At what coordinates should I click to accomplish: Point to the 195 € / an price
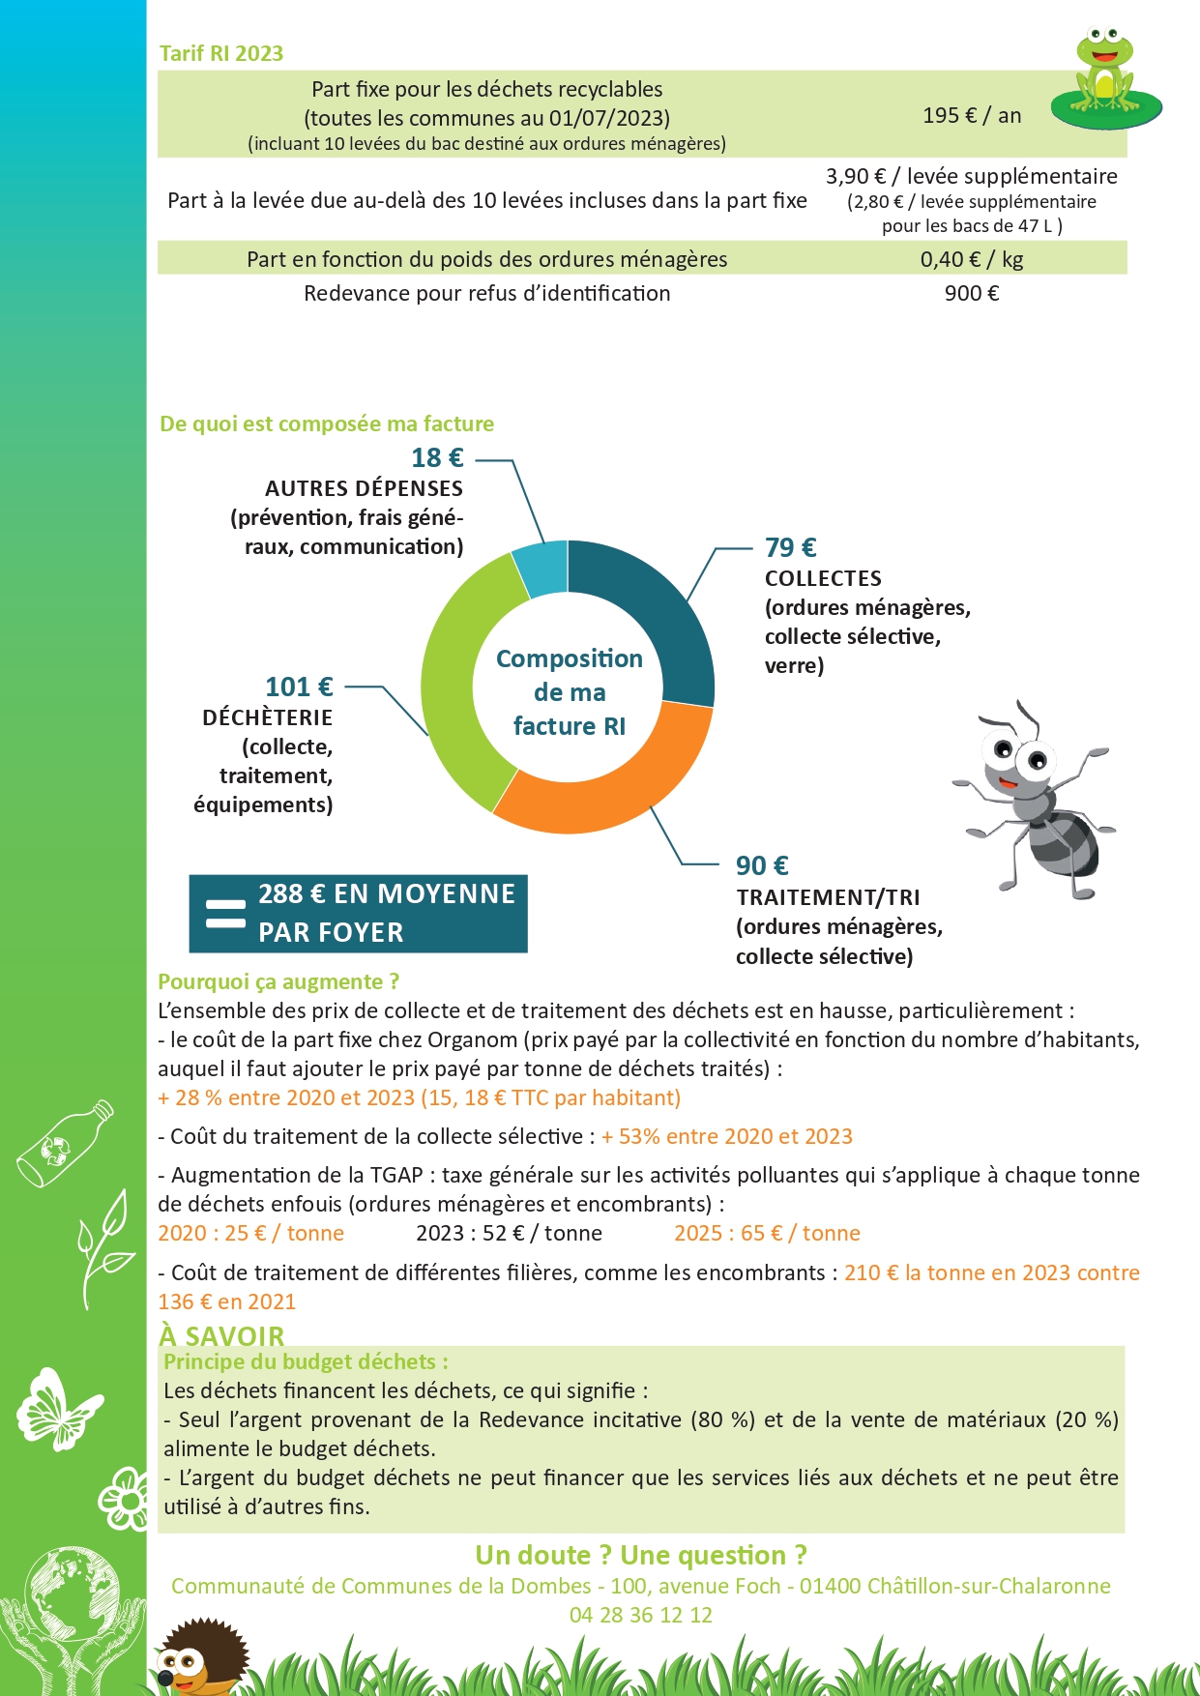click(972, 115)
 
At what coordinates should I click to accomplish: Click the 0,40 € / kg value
click(972, 259)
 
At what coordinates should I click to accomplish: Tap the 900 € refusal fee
click(972, 293)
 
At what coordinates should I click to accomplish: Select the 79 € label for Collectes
click(790, 547)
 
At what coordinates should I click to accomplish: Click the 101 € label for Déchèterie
click(299, 687)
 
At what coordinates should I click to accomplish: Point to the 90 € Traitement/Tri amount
click(762, 865)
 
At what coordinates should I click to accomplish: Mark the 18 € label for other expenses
click(437, 457)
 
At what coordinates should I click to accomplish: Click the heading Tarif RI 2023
click(221, 53)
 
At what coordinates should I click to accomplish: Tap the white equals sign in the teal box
click(226, 914)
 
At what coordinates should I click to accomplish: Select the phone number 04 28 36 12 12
click(640, 1615)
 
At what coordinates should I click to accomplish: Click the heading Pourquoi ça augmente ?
click(278, 981)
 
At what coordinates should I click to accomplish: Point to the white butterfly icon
click(57, 1408)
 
